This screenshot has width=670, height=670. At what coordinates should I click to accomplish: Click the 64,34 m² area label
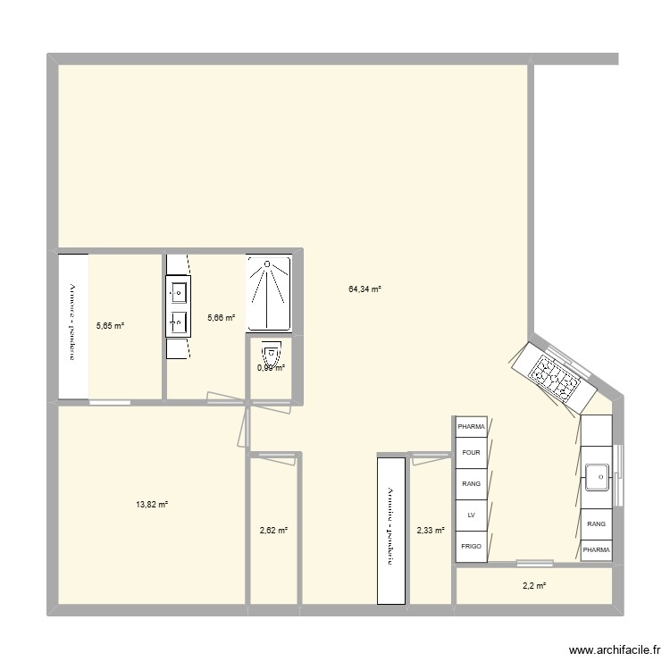[x=364, y=289]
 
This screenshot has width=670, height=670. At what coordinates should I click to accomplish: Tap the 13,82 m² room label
[x=152, y=505]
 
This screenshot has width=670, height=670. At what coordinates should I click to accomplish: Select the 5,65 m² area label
[x=110, y=326]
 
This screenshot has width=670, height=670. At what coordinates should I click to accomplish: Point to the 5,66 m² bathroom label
[x=222, y=317]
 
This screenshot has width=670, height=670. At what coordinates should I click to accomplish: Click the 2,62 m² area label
[x=273, y=531]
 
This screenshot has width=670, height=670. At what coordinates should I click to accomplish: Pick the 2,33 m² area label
[x=431, y=531]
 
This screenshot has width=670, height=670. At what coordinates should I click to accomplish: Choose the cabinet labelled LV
[x=471, y=515]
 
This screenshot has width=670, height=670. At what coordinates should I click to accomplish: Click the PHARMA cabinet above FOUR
[x=471, y=427]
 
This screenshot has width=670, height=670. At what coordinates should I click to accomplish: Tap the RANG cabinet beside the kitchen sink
[x=596, y=524]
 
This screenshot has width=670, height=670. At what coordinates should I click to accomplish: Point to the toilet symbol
[x=271, y=352]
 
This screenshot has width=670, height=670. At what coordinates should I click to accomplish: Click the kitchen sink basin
[x=598, y=477]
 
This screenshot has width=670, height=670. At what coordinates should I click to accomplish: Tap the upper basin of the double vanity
[x=178, y=290]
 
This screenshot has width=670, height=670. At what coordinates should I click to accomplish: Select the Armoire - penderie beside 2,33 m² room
[x=391, y=530]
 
